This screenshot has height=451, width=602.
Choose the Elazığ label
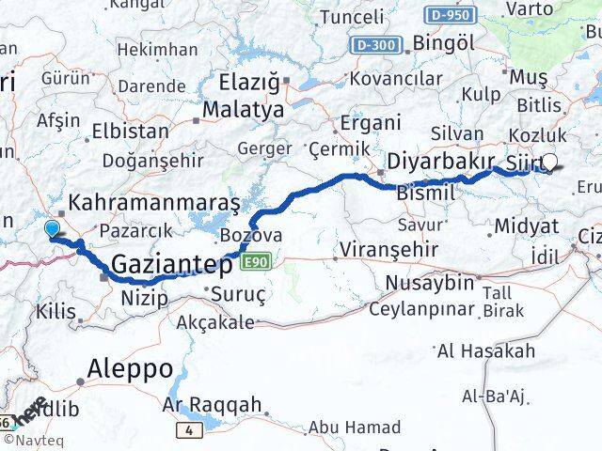click(x=250, y=82)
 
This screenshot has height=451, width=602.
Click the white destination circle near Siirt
click(x=550, y=162)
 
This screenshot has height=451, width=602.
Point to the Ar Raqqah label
click(x=212, y=404)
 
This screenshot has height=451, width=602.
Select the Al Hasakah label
click(x=486, y=351)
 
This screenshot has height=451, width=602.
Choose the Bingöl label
click(x=443, y=43)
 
